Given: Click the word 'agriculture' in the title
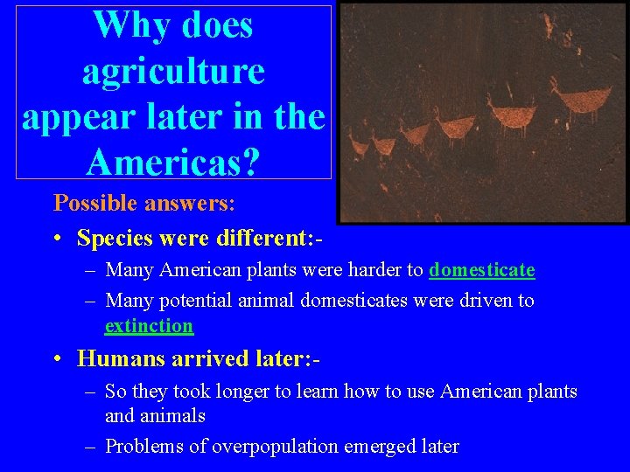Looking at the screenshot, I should tap(173, 71).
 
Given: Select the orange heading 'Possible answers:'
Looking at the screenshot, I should tap(144, 203).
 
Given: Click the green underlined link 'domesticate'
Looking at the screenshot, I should tap(481, 270).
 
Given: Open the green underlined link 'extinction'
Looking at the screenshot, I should tap(149, 326).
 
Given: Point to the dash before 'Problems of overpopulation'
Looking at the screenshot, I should tap(91, 446).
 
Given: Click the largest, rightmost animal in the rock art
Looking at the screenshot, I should tap(568, 101).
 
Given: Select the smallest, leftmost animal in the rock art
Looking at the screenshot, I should tap(358, 144).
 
